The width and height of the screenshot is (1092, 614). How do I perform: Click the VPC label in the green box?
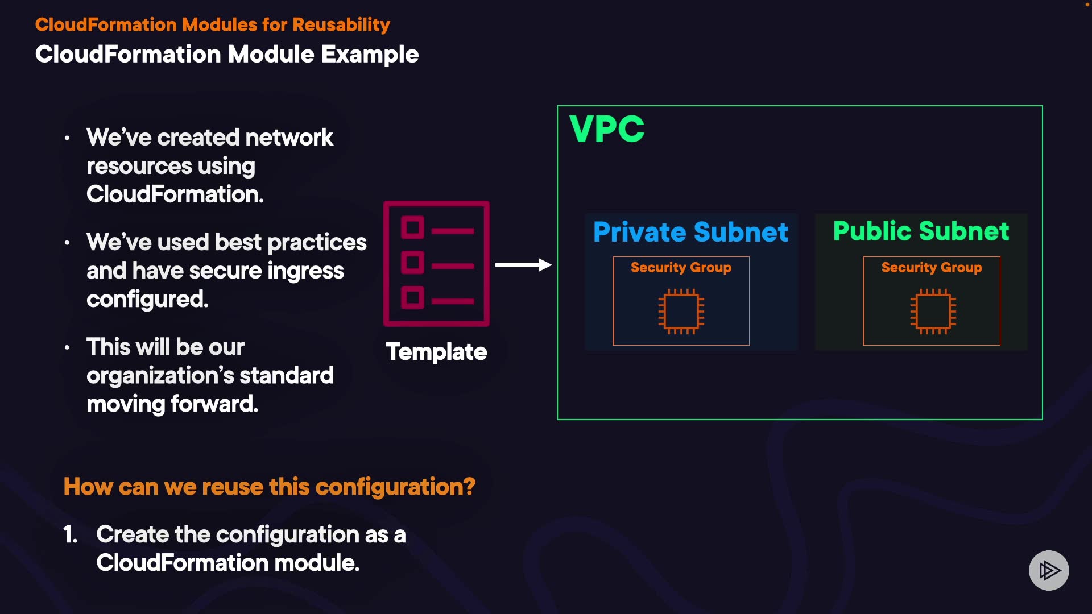[607, 129]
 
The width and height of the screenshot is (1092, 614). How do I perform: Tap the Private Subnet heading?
[690, 232]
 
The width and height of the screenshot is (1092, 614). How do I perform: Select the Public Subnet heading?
[921, 231]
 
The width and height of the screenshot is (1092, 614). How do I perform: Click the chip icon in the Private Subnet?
[681, 312]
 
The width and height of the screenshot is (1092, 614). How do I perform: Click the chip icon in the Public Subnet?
[933, 312]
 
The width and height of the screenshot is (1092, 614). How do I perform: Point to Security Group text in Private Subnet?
[681, 267]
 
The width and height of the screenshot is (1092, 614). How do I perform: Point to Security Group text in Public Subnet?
[932, 267]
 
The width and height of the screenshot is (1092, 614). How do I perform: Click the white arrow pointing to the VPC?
[523, 265]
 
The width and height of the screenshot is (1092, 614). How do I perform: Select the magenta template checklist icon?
[436, 264]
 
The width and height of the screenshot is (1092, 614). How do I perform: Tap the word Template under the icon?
[436, 352]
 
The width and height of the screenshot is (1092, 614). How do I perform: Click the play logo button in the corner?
[1049, 570]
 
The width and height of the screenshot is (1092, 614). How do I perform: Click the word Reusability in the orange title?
[341, 25]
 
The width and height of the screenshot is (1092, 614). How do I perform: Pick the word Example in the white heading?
[370, 55]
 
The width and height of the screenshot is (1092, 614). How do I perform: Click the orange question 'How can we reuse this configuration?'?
[269, 487]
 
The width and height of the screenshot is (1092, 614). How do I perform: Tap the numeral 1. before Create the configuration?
[70, 534]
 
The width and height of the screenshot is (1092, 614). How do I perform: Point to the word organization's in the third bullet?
[166, 376]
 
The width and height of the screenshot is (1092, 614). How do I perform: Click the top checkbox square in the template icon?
[412, 228]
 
